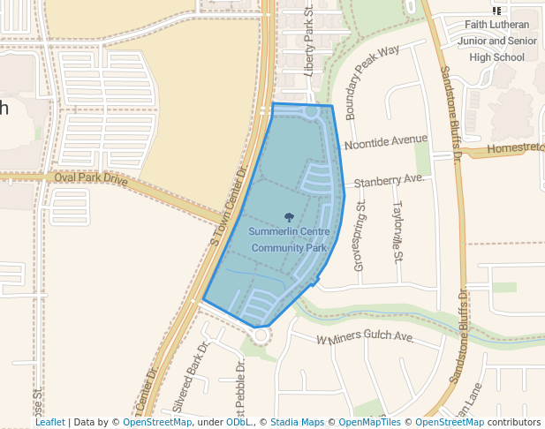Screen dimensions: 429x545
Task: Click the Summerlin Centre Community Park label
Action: click(289, 239)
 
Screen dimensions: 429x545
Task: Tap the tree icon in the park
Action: click(289, 216)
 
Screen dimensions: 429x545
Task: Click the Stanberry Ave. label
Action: click(389, 180)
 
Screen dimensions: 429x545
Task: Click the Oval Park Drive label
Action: click(91, 177)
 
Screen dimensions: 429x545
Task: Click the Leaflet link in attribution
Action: click(49, 422)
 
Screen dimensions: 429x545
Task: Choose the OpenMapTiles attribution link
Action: click(367, 422)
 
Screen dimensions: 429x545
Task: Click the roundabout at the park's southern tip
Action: click(261, 335)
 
